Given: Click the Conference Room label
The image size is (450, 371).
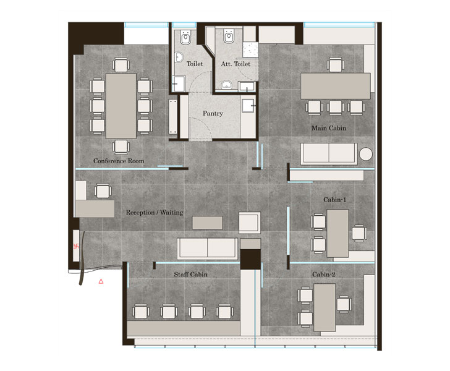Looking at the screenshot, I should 119,161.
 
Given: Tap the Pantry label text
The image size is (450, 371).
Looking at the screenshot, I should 213,114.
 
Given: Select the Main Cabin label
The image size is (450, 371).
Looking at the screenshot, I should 328,128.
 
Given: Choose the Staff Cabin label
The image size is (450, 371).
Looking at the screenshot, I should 190,274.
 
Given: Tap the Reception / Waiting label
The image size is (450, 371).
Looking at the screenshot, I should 155,212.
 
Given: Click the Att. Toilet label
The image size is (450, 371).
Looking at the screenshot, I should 234,63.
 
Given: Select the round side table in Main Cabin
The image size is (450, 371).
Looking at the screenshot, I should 365,154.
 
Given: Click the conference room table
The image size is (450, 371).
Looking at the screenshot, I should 121,105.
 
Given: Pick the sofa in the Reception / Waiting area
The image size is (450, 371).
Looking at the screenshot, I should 207,248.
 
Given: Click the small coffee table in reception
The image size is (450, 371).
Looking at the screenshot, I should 206,221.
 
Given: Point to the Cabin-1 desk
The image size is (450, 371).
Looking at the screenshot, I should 337,232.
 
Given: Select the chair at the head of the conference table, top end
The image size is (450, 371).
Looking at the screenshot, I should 121,64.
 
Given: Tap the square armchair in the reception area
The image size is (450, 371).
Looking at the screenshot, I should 251,221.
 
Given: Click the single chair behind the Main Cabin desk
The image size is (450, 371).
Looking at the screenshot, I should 336,64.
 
